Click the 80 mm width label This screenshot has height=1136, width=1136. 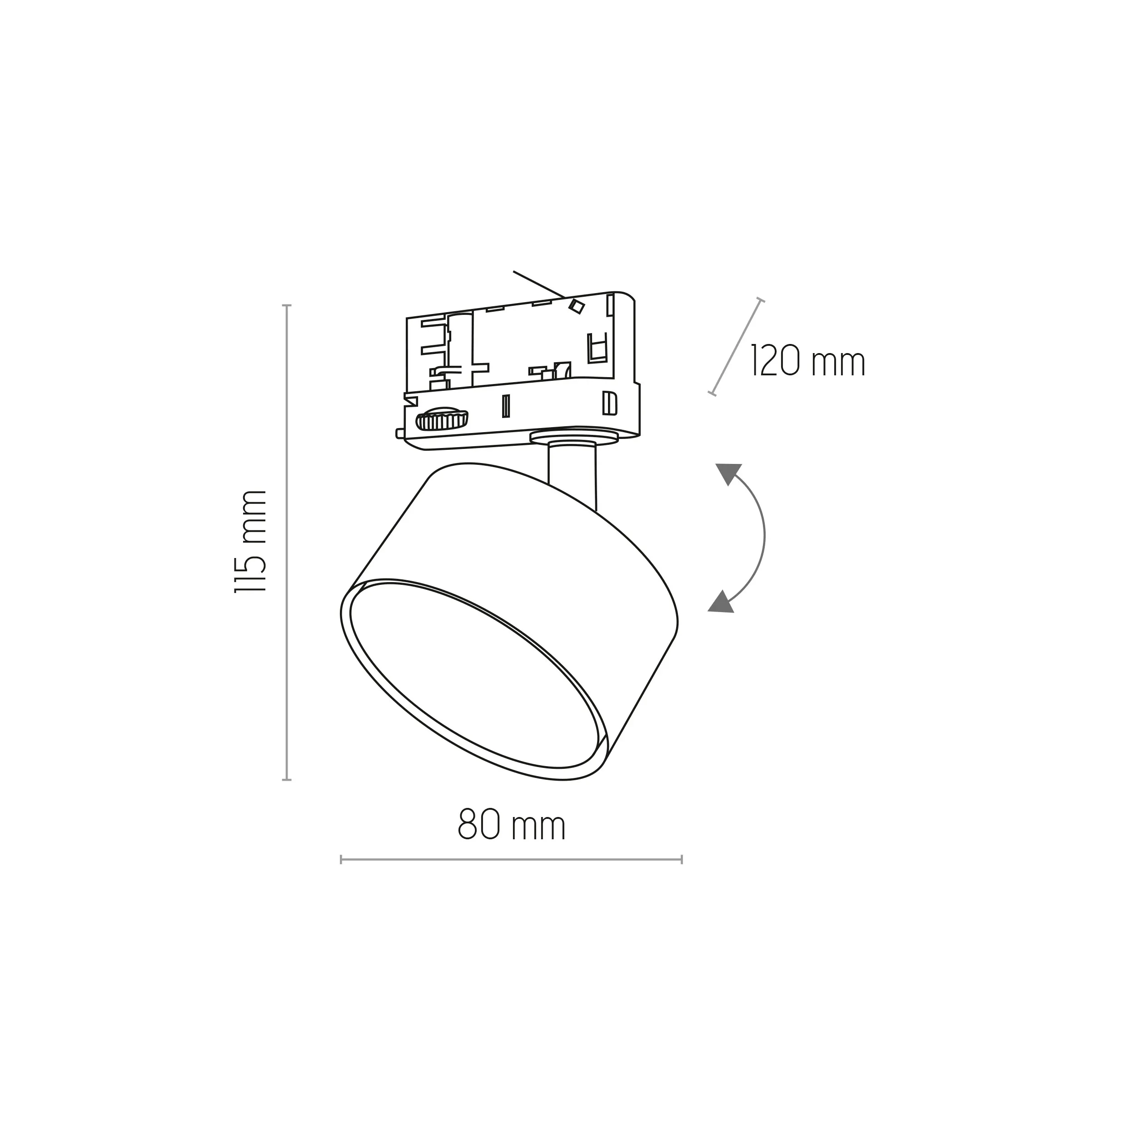point(512,826)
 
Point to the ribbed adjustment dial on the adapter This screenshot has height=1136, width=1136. point(442,420)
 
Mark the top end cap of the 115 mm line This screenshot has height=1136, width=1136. point(287,306)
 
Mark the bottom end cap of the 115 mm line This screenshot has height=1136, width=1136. point(287,780)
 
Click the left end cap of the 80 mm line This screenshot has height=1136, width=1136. point(341,860)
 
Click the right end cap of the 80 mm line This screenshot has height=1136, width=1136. point(682,860)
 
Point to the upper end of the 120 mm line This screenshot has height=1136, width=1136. point(760,300)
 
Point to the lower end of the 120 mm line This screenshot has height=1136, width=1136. point(712,394)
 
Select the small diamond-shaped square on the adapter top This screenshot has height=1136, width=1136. point(577,306)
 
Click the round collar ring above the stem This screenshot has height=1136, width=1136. point(573,436)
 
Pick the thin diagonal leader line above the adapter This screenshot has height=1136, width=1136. point(538,284)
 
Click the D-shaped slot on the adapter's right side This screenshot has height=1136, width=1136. point(610,402)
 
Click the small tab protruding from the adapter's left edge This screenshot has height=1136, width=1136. point(399,433)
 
